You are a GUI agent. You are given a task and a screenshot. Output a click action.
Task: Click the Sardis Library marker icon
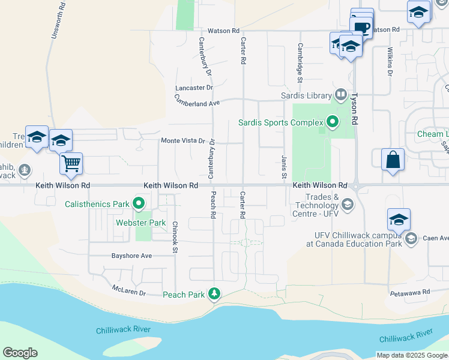click(341, 95)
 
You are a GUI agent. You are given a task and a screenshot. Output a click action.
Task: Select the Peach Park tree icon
click(214, 294)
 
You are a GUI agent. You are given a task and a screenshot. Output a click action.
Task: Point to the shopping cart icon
click(71, 163)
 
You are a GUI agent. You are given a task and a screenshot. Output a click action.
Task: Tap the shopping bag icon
click(393, 159)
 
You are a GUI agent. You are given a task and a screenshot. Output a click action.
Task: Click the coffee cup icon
click(362, 28)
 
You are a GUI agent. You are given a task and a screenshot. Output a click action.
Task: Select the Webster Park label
click(140, 223)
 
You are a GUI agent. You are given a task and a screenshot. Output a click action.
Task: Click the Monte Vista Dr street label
click(183, 140)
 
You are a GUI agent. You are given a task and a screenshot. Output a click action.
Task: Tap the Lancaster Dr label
click(194, 88)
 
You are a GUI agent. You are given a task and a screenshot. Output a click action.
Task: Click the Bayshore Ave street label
click(131, 256)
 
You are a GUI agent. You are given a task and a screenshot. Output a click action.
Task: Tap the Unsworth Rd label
click(55, 20)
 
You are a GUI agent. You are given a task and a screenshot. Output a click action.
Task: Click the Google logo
click(20, 353)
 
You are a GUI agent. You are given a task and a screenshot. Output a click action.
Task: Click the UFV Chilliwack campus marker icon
click(411, 240)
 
